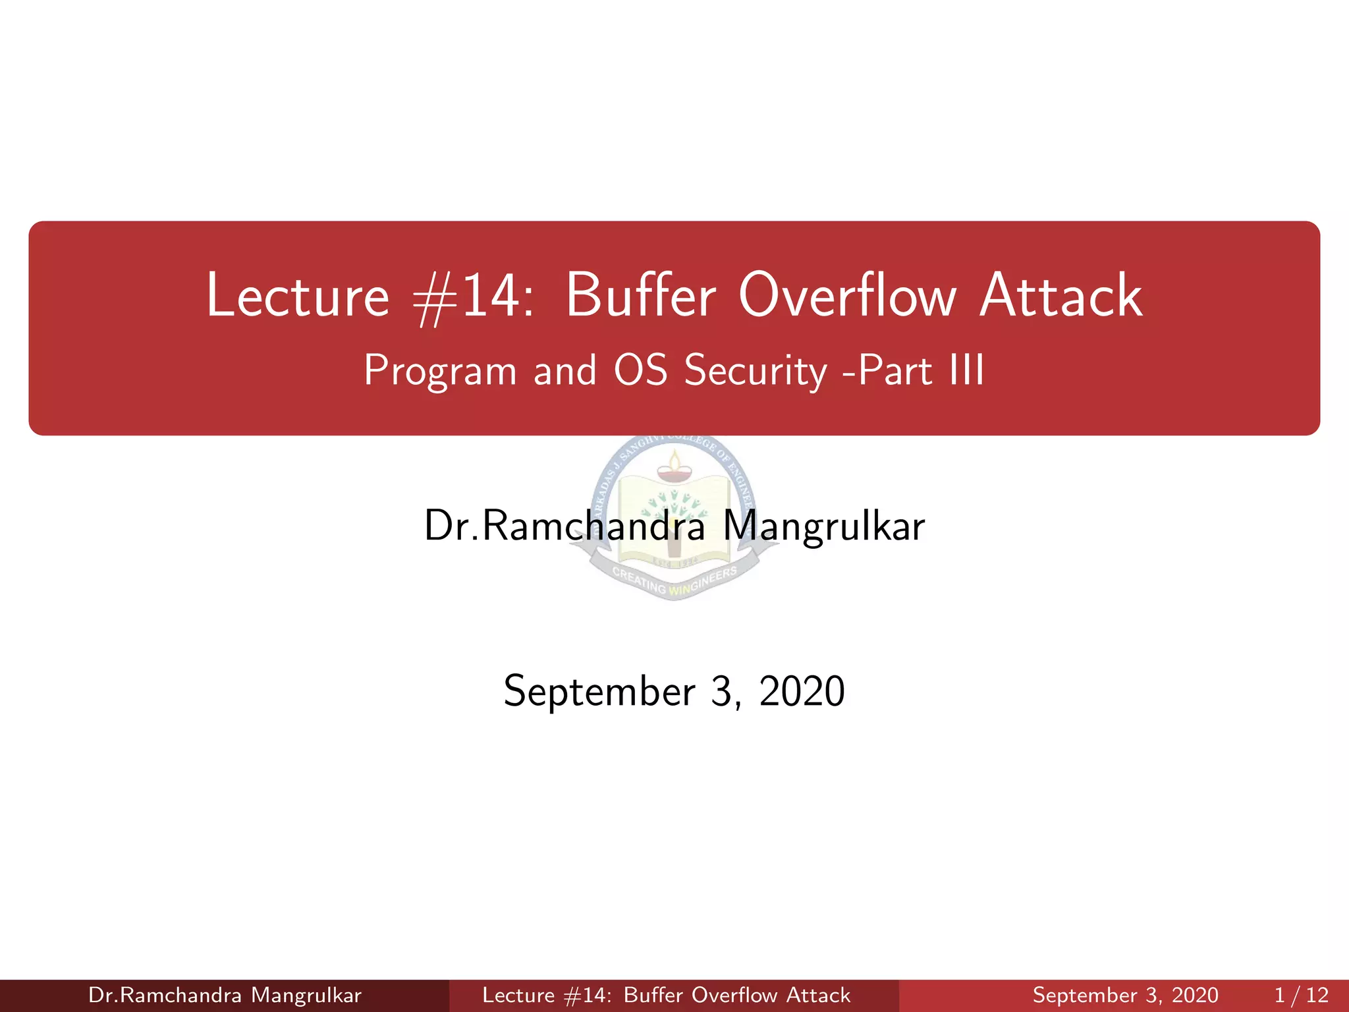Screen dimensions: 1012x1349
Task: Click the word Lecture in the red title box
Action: (x=298, y=296)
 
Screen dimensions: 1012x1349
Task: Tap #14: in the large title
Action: (x=473, y=297)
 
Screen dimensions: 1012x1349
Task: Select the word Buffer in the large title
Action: (x=640, y=296)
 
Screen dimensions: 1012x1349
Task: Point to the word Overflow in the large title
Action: (x=847, y=296)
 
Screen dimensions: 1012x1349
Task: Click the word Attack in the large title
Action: (x=1060, y=296)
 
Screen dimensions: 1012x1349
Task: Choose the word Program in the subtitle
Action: (x=440, y=371)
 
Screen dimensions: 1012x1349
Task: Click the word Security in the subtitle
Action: (x=756, y=371)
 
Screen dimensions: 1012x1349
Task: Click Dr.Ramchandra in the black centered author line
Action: (x=564, y=526)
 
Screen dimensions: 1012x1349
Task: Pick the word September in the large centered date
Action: (x=599, y=691)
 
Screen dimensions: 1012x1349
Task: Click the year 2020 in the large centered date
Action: (x=802, y=691)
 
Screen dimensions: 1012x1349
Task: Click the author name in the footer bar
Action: (x=225, y=995)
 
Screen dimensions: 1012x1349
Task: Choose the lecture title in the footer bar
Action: (x=666, y=995)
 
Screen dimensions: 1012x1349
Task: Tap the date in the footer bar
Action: (x=1125, y=995)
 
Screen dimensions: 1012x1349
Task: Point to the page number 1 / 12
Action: (x=1301, y=995)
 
